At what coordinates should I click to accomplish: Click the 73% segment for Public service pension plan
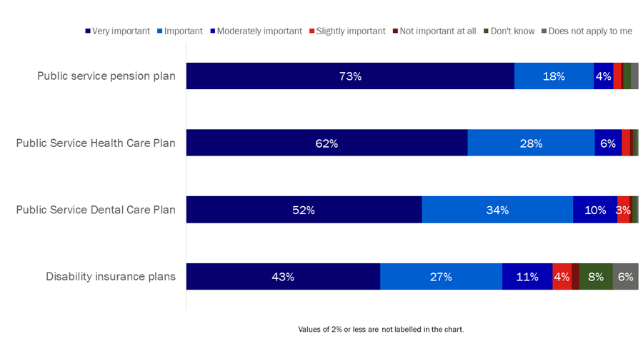350,76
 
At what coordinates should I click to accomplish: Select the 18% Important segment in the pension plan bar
554,76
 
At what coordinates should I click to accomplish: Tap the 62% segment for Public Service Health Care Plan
327,143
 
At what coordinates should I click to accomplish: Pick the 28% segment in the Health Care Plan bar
531,143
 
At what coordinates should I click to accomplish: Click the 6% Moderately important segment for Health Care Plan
608,143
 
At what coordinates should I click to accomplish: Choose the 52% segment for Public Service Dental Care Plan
304,210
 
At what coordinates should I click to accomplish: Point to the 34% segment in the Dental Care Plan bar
497,210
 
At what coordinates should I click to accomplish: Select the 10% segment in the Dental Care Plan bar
595,210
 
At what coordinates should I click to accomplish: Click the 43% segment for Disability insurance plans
283,277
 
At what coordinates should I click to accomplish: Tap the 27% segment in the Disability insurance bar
441,277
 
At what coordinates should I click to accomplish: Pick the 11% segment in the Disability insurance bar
527,277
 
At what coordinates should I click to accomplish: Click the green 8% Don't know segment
596,277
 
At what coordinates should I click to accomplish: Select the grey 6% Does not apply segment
625,277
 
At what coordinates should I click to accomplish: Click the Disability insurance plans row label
111,277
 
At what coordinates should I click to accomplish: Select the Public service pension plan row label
106,76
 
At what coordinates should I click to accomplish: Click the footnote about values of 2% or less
381,330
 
